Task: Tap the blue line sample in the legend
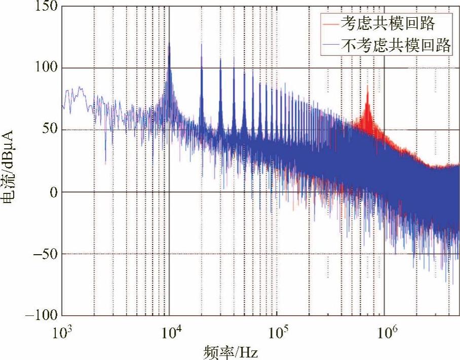tap(328, 46)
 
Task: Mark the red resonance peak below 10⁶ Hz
tap(368, 87)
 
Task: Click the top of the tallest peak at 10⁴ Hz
tap(169, 44)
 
